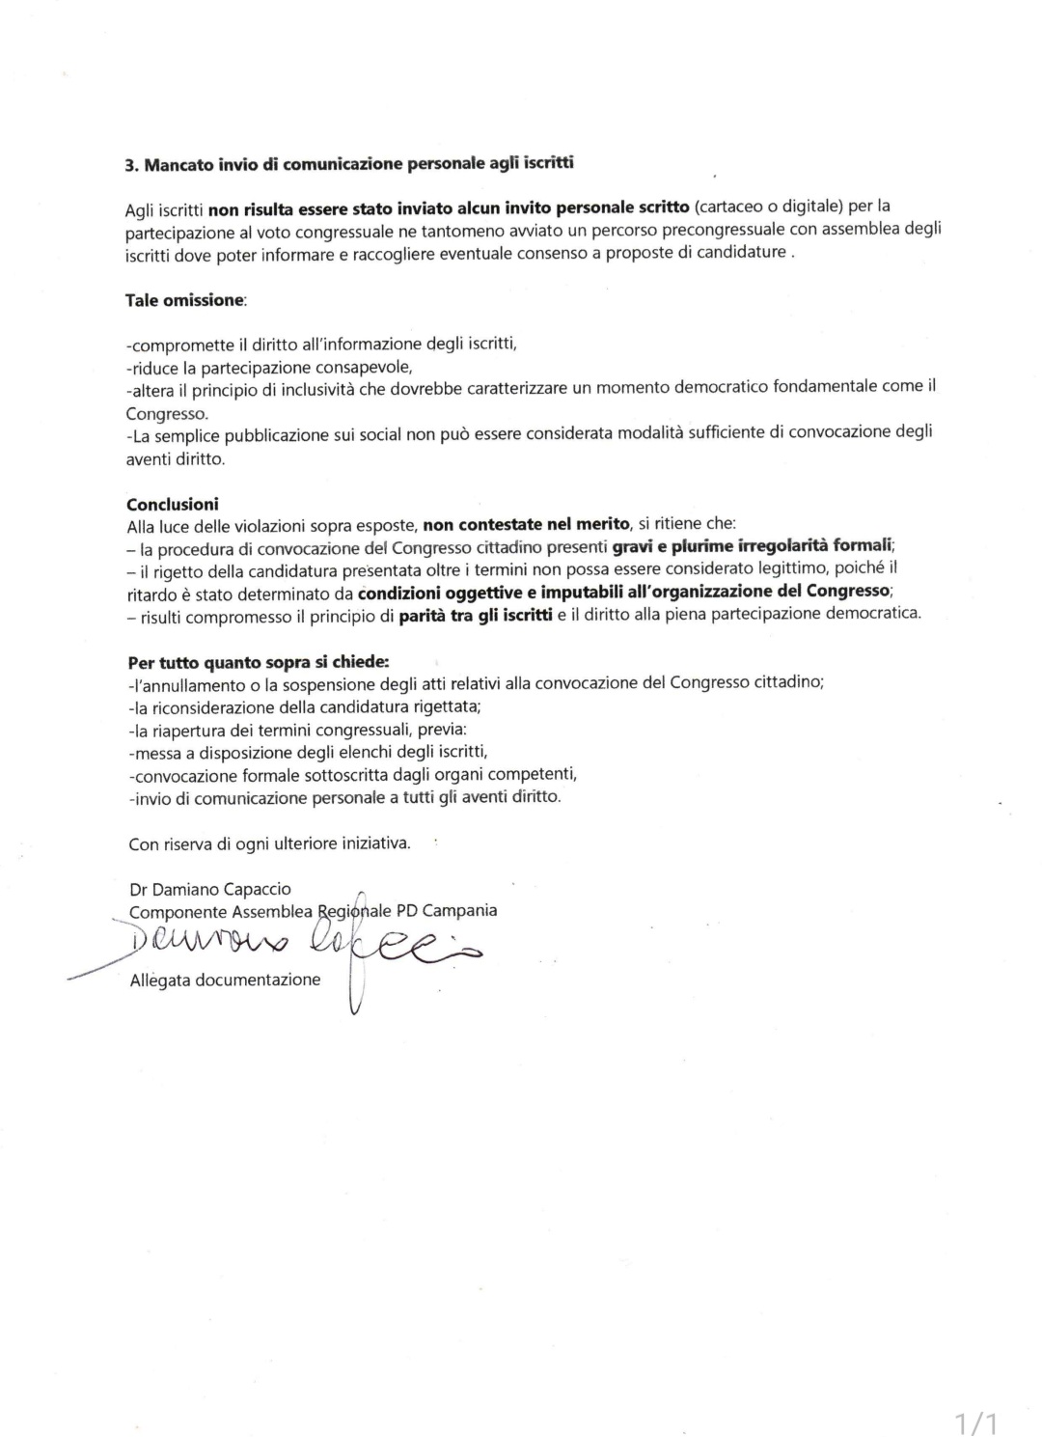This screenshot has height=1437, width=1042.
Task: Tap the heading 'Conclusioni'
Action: point(173,504)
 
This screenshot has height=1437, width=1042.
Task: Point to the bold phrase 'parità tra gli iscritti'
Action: point(476,615)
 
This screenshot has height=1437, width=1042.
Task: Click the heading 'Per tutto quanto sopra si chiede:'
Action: point(259,663)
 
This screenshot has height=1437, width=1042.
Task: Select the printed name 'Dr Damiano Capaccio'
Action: point(210,889)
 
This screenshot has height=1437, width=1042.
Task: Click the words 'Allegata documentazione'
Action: point(225,980)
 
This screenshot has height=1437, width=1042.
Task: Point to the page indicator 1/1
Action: point(975,1423)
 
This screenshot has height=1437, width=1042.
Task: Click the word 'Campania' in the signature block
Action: point(459,910)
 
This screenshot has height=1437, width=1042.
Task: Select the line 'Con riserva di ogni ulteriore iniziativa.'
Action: point(269,843)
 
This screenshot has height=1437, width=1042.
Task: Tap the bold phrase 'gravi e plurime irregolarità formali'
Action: point(754,545)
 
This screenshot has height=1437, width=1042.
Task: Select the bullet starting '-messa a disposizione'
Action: point(308,752)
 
